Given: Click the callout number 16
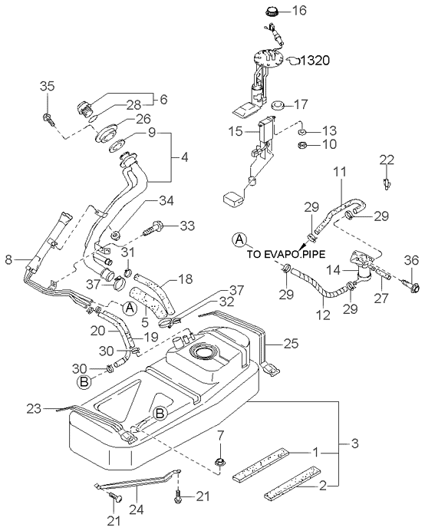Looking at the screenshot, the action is pyautogui.click(x=299, y=11).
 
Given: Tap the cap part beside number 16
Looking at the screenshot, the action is pyautogui.click(x=272, y=11).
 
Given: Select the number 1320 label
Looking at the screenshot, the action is pyautogui.click(x=315, y=61).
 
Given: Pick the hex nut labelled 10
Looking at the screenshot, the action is pyautogui.click(x=301, y=145).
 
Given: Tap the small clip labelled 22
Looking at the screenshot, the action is pyautogui.click(x=386, y=183).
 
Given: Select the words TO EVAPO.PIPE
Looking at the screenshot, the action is pyautogui.click(x=286, y=254).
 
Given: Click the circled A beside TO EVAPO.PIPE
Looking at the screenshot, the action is pyautogui.click(x=239, y=239).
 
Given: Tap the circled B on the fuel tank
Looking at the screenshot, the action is pyautogui.click(x=160, y=413).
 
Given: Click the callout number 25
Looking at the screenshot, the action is pyautogui.click(x=292, y=344).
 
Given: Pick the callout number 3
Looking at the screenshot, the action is pyautogui.click(x=354, y=444).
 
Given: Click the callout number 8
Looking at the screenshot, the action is pyautogui.click(x=9, y=260).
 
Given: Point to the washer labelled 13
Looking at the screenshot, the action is pyautogui.click(x=303, y=132).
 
